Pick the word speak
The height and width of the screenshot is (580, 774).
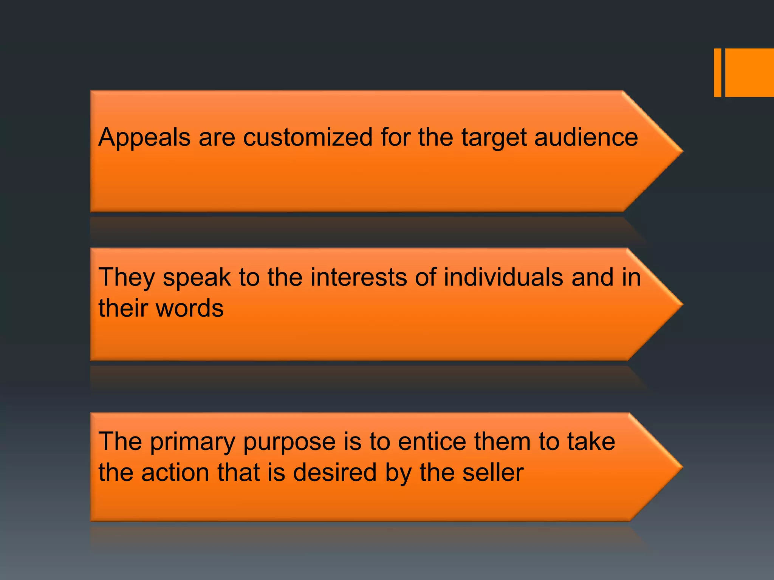coord(197,278)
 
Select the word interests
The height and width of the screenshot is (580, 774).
coord(359,277)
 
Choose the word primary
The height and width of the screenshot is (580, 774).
coord(193,442)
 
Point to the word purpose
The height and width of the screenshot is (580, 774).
coord(289,442)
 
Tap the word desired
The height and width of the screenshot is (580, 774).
coord(335,472)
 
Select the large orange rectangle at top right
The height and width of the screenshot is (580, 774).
coord(749,72)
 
